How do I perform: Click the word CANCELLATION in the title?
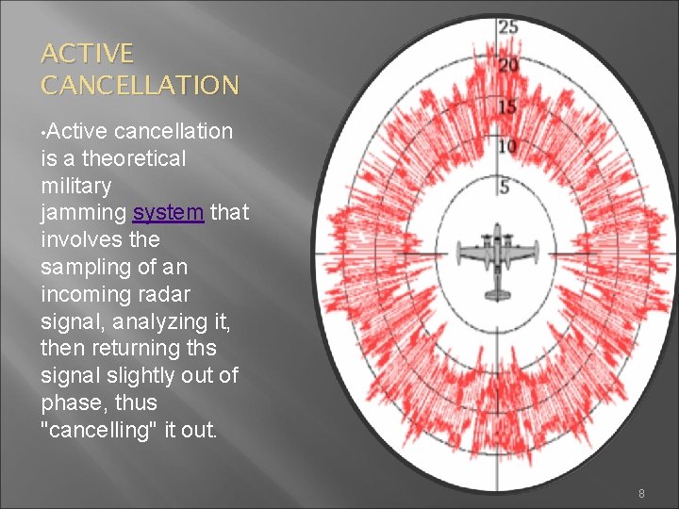[x=140, y=86]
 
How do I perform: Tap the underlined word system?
[x=168, y=212]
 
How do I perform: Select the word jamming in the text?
[x=84, y=212]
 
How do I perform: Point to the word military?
[x=75, y=186]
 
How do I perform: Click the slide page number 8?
[x=641, y=493]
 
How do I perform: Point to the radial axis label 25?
[x=507, y=27]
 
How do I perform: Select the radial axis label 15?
[x=507, y=107]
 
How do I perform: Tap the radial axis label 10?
[x=507, y=146]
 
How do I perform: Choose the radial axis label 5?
[x=505, y=187]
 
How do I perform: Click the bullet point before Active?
[x=43, y=132]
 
